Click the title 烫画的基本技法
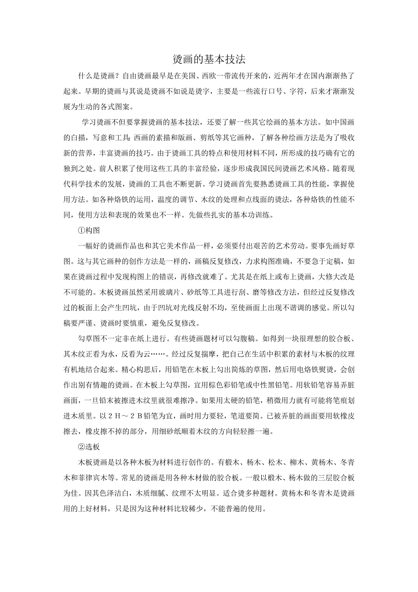tap(209, 60)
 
